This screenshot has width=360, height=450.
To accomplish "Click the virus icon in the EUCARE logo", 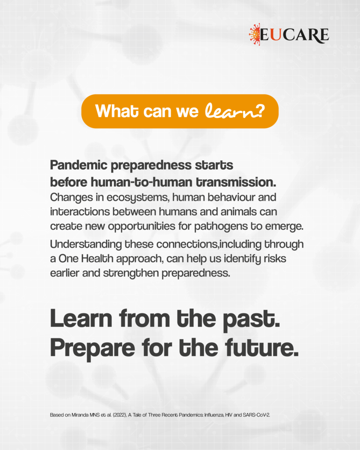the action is click(x=255, y=34).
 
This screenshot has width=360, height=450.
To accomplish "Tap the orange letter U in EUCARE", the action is click(x=276, y=35).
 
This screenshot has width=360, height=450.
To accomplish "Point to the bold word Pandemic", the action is click(x=79, y=165).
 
